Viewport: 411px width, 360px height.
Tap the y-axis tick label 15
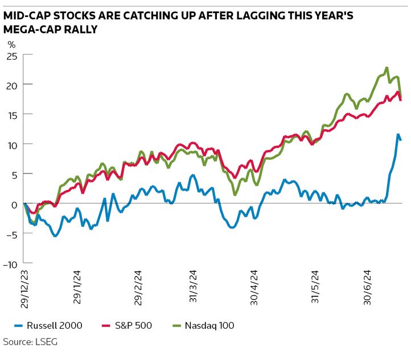coord(11,114)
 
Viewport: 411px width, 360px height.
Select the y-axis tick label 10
coord(11,144)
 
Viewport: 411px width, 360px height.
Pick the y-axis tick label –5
coord(11,233)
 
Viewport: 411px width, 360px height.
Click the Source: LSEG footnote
coord(30,342)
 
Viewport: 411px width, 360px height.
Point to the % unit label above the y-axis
coord(11,44)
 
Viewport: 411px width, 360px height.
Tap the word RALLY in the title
coord(79,30)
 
